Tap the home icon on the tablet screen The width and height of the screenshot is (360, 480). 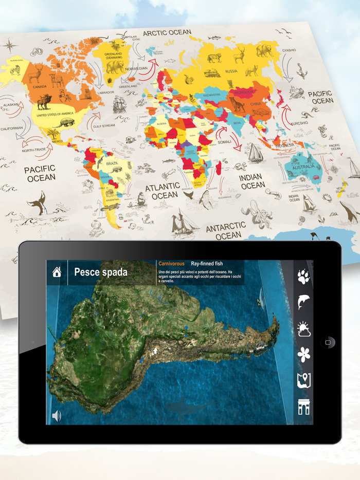point(57,272)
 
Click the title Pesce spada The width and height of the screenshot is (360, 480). point(101,272)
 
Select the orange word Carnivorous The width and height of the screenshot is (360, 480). point(171,264)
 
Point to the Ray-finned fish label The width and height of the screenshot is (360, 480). point(207,264)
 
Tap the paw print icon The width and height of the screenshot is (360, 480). point(303,278)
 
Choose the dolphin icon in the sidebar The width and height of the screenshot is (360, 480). point(303,302)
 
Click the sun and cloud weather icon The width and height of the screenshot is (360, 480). point(303,329)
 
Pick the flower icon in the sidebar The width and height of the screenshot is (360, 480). point(303,355)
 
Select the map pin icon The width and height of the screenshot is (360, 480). point(303,381)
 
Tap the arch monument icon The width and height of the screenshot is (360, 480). point(303,407)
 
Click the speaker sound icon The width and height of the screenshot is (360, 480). point(57,416)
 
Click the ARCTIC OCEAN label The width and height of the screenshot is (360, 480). point(167,33)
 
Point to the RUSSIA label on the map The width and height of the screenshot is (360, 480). point(231,71)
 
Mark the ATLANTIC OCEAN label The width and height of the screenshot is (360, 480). point(163,191)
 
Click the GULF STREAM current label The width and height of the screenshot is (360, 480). point(104,125)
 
